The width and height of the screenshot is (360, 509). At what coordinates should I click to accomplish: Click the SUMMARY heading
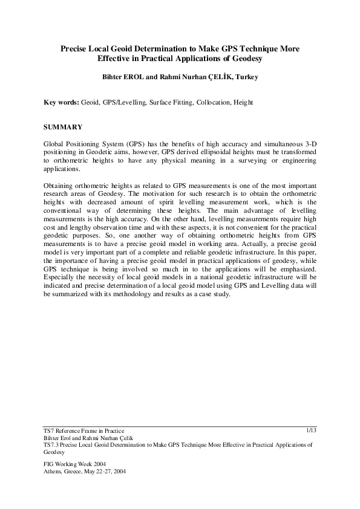pyautogui.click(x=65, y=128)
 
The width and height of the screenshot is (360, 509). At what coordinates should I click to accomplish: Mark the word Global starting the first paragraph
pyautogui.click(x=56, y=143)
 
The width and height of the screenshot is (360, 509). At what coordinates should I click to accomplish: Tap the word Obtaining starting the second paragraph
pyautogui.click(x=61, y=185)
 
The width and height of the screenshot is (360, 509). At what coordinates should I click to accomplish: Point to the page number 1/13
pyautogui.click(x=311, y=430)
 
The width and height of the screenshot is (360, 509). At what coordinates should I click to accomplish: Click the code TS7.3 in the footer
pyautogui.click(x=53, y=444)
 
